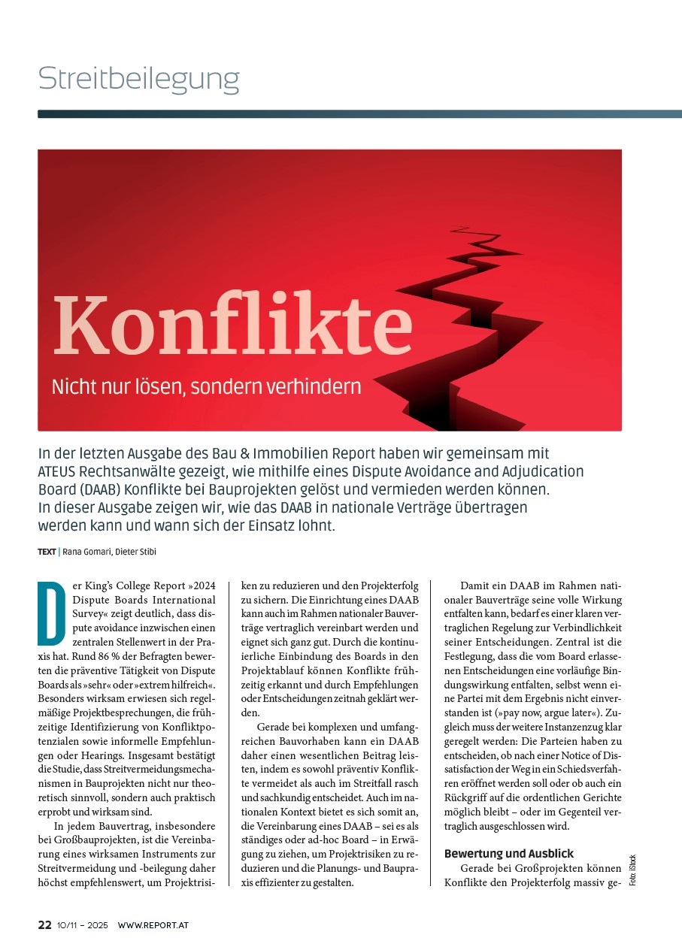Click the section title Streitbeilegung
139,79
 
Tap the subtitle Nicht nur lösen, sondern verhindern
206,387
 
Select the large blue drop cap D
52,612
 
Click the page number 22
44,924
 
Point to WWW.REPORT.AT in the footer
153,924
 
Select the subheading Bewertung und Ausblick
509,854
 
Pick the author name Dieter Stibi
136,552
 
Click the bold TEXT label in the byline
47,552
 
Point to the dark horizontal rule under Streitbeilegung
359,114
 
